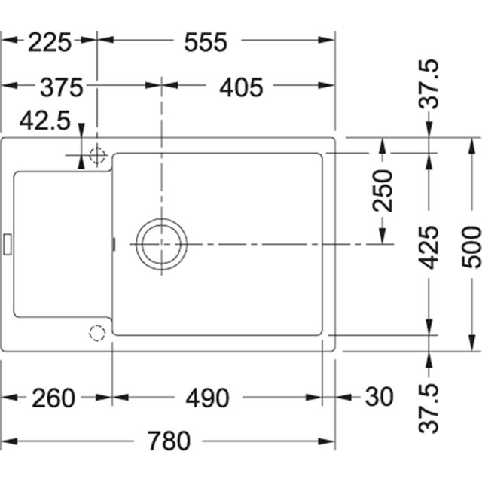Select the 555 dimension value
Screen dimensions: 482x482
[205, 43]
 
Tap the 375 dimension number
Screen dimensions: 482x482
[52, 87]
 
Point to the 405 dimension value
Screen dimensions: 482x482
[241, 87]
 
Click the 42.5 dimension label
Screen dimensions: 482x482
[45, 120]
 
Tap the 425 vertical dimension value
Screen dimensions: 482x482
[429, 247]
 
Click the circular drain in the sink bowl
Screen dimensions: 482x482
[160, 244]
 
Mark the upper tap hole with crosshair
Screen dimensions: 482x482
[96, 157]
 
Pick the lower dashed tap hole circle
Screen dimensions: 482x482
[96, 332]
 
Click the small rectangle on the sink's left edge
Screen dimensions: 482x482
[8, 243]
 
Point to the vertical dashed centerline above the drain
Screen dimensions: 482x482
[160, 151]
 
